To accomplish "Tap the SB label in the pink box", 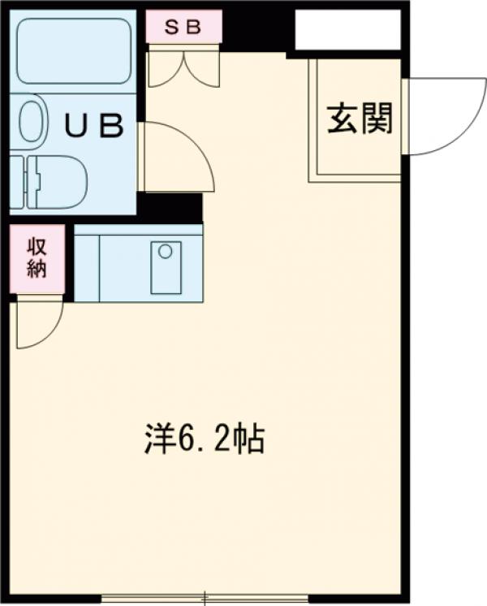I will tap(183, 26).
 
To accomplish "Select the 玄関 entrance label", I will tap(360, 119).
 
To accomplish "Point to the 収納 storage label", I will tap(37, 258).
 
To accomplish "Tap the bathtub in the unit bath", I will tap(74, 51).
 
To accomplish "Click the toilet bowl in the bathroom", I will tap(61, 180).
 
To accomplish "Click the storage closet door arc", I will tap(39, 321).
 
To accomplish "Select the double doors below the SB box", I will tap(183, 67).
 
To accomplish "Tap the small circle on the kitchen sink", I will tap(165, 252).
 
